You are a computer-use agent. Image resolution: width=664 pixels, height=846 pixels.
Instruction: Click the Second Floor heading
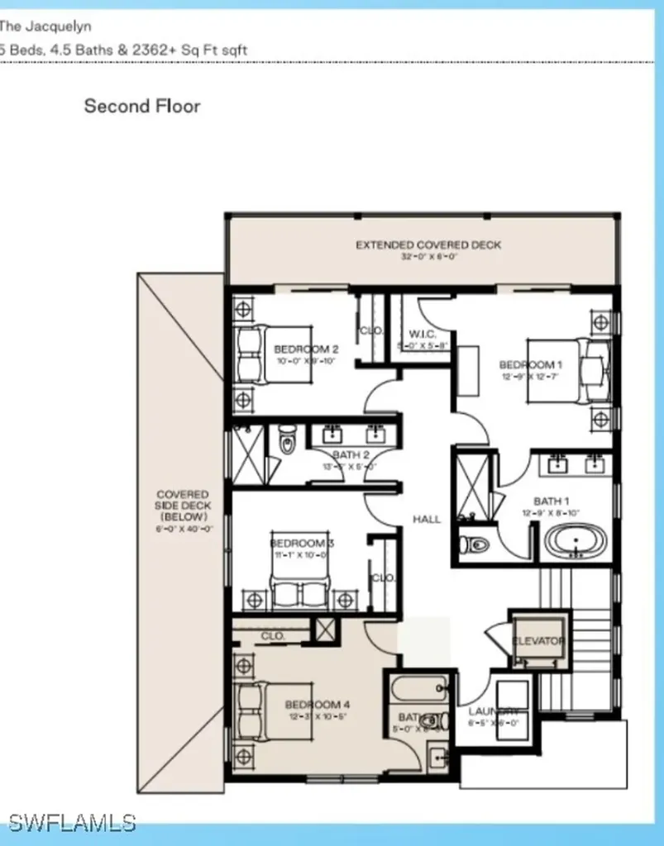tap(142, 106)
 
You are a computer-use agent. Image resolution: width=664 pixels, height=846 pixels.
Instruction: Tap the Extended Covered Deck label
tap(428, 245)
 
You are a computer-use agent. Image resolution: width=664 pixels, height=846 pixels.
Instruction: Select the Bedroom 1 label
tap(526, 365)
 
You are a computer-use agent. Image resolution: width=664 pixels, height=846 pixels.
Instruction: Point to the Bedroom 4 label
tap(318, 705)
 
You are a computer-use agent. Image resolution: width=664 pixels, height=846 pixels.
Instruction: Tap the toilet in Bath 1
tap(475, 545)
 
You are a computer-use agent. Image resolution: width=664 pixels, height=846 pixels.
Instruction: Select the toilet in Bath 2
tap(287, 440)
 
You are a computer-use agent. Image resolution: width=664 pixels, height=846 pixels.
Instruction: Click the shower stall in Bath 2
tap(247, 454)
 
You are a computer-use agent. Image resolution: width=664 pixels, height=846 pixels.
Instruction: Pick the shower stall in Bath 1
tap(474, 486)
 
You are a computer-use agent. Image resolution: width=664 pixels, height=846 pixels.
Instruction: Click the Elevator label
tap(538, 641)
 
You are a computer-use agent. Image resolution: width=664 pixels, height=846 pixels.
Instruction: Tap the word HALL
tap(427, 519)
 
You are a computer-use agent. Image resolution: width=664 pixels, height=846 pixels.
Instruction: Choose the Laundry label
tap(494, 712)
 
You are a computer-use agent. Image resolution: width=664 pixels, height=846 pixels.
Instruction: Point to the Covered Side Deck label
tap(184, 506)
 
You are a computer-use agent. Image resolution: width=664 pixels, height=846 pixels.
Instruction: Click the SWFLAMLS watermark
tap(72, 822)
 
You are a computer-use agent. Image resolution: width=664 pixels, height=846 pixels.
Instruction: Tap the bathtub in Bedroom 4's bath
tap(420, 687)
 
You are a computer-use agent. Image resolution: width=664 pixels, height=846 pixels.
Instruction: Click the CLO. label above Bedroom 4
tap(273, 636)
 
